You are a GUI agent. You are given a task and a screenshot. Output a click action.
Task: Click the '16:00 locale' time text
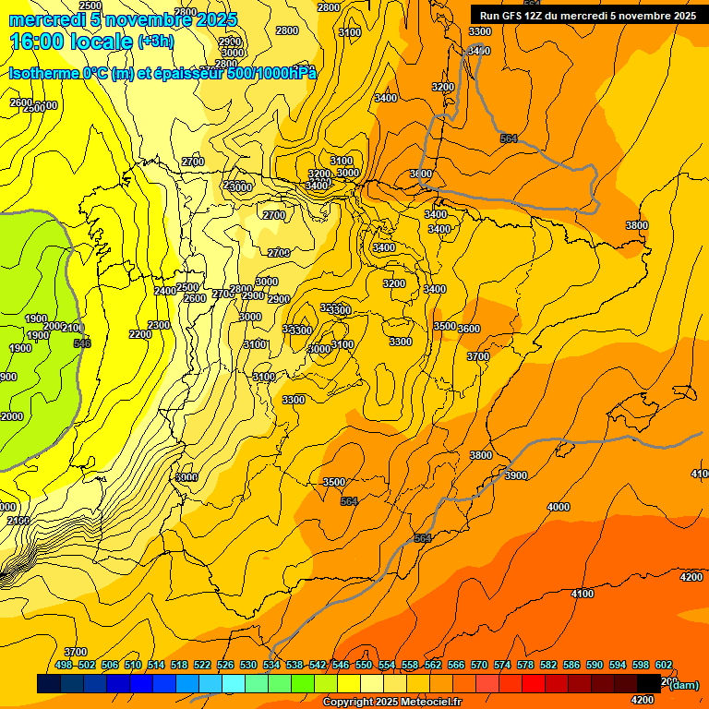[x=71, y=42]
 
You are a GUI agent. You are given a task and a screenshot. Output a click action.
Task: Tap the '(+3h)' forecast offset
[x=155, y=42]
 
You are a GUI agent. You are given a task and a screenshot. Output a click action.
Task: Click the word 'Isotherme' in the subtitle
[x=42, y=74]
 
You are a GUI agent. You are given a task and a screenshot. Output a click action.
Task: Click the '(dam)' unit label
[x=683, y=684]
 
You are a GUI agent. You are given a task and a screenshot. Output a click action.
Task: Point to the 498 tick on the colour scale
[x=64, y=665]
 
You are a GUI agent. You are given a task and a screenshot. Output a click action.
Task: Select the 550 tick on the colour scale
[x=364, y=665]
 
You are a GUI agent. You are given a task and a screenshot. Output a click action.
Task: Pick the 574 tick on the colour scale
[x=502, y=665]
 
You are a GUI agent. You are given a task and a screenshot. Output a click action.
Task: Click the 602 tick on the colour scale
[x=664, y=665]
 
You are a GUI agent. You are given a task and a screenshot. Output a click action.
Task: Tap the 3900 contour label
[x=516, y=475]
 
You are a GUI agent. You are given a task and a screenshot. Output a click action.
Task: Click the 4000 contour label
[x=558, y=507]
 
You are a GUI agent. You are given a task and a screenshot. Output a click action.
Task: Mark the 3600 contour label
[x=469, y=329]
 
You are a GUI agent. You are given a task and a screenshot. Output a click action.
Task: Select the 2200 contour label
[x=140, y=334]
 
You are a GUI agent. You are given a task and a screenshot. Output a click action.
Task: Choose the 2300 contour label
[x=159, y=325]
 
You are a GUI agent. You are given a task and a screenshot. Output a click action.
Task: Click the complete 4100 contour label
[x=582, y=594]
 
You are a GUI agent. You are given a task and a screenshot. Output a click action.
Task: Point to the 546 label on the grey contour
[x=82, y=343]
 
